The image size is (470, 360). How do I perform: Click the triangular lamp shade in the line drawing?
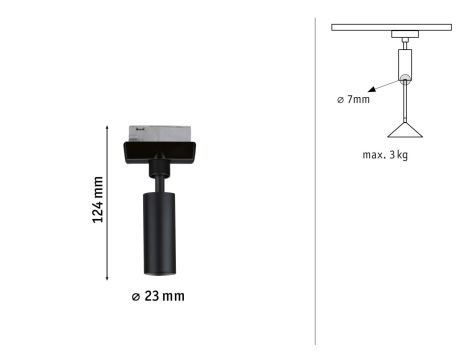(405, 131)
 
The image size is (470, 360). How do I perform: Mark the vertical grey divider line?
(316, 180)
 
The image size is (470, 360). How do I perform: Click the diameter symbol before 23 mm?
(136, 296)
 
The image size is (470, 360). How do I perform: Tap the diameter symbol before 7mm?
(340, 99)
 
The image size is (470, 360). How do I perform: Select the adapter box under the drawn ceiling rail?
(405, 39)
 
